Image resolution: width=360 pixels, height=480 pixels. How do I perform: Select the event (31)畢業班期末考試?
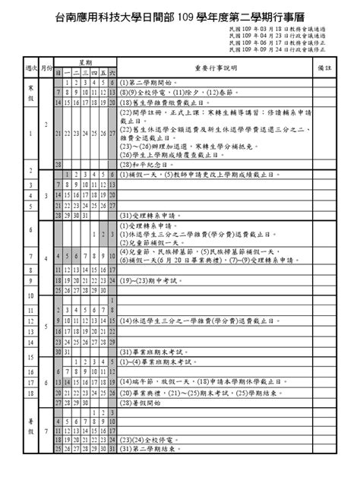tap(152, 352)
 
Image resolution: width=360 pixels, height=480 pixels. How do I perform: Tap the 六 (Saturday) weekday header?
tap(112, 73)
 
